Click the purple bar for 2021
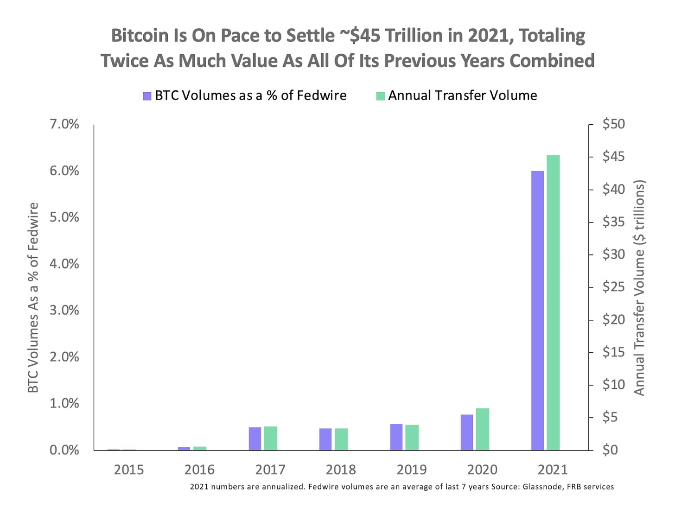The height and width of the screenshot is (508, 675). point(537,311)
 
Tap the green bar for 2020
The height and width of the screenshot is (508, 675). point(482,429)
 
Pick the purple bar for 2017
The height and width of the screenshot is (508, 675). point(255,438)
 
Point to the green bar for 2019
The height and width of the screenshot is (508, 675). point(412,438)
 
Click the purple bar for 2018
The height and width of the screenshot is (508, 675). point(325,439)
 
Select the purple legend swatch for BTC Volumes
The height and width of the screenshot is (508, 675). point(147,96)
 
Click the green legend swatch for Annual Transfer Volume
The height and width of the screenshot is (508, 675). point(380,96)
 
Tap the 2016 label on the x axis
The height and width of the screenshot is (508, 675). point(199,470)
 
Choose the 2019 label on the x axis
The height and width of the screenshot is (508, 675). point(412,470)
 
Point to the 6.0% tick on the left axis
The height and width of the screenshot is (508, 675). point(64,171)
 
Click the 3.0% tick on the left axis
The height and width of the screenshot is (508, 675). point(64,311)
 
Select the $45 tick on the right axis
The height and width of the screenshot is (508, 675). point(613,157)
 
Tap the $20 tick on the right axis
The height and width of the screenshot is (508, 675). point(613,320)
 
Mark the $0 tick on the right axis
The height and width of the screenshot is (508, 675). point(610,450)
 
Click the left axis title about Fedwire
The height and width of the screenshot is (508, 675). point(33,298)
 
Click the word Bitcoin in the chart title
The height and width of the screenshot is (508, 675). point(139,36)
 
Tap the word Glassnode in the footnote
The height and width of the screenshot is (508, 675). point(543,487)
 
